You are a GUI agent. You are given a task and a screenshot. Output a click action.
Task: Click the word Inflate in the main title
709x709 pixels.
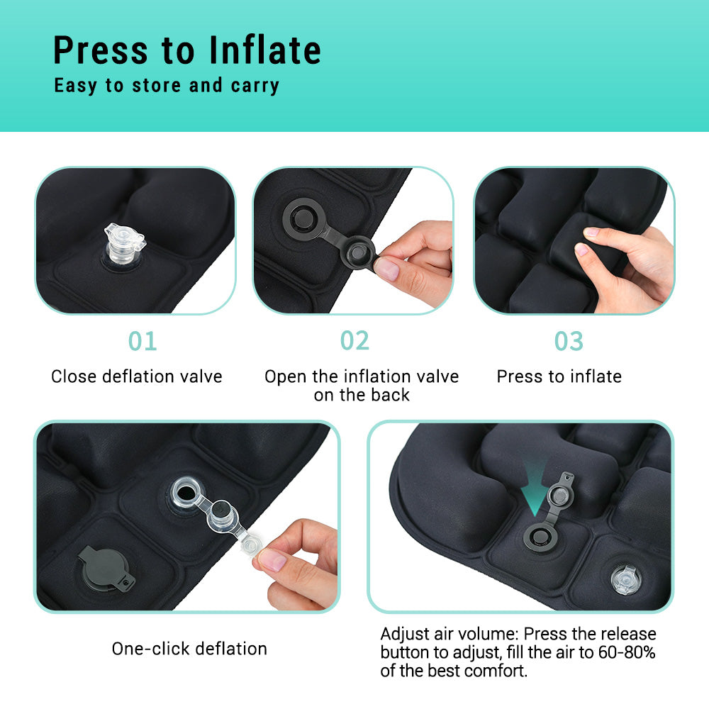coord(264,50)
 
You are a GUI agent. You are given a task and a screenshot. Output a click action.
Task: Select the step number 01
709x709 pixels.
coord(142,341)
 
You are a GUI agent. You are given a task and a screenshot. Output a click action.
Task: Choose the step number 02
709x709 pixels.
coord(354,340)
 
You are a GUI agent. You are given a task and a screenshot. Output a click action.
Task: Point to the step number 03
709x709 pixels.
coord(569,341)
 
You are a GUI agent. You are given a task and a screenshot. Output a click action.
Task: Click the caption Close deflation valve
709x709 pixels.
coord(137,376)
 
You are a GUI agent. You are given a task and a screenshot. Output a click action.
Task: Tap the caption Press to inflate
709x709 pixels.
coord(559,376)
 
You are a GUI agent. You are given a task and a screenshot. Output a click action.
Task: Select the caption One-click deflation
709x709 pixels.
coord(189,648)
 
